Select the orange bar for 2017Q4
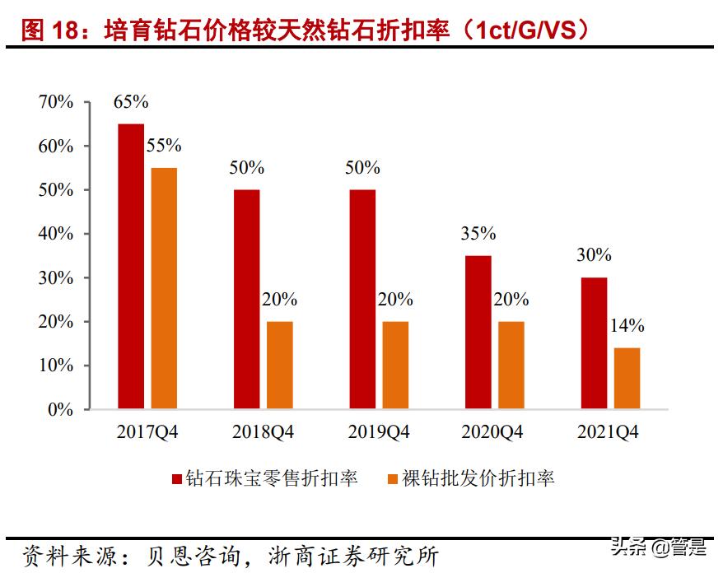[x=164, y=288]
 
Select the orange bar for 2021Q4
[x=627, y=378]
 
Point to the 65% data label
[x=131, y=102]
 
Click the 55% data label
[x=164, y=146]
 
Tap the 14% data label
[x=627, y=326]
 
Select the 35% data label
[x=478, y=234]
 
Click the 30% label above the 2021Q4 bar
[x=594, y=255]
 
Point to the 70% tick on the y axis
[x=55, y=102]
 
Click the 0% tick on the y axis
[x=60, y=409]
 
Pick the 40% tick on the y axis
[x=55, y=234]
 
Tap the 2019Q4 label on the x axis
[x=379, y=432]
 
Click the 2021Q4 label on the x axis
[x=610, y=432]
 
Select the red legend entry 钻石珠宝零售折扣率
[x=264, y=478]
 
